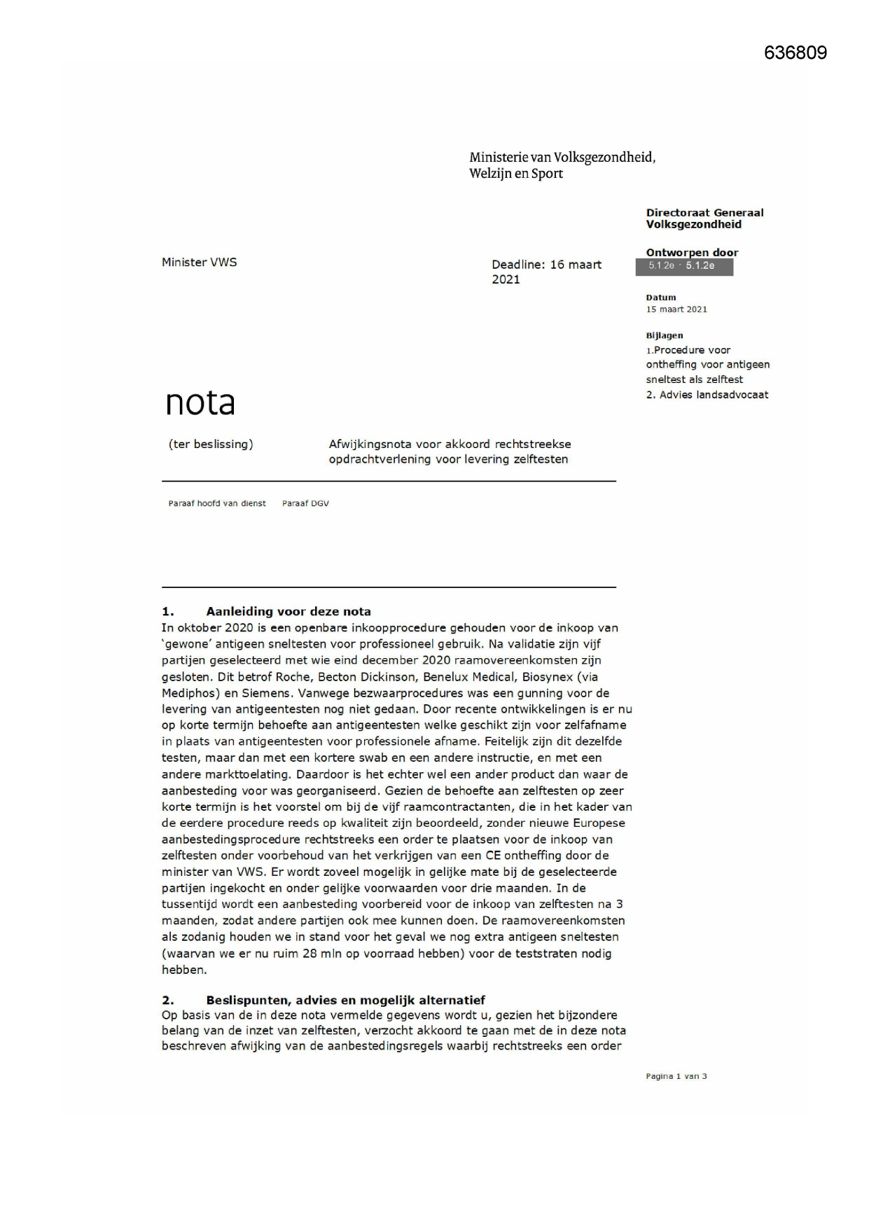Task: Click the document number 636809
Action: (795, 53)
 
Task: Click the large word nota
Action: (200, 403)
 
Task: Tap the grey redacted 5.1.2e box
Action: (683, 266)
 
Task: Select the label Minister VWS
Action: (199, 263)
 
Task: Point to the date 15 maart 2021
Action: (676, 309)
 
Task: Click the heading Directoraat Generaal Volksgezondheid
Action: (704, 218)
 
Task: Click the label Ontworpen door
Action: (691, 253)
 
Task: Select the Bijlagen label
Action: (664, 335)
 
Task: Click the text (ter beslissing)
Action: (211, 445)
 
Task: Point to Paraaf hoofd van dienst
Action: (217, 503)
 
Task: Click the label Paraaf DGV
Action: (305, 503)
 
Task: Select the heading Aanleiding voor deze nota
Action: (288, 612)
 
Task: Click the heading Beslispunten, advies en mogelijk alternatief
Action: (345, 1000)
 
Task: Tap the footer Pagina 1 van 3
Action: (676, 1076)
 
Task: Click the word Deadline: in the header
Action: (517, 265)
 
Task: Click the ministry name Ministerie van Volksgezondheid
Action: (562, 158)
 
